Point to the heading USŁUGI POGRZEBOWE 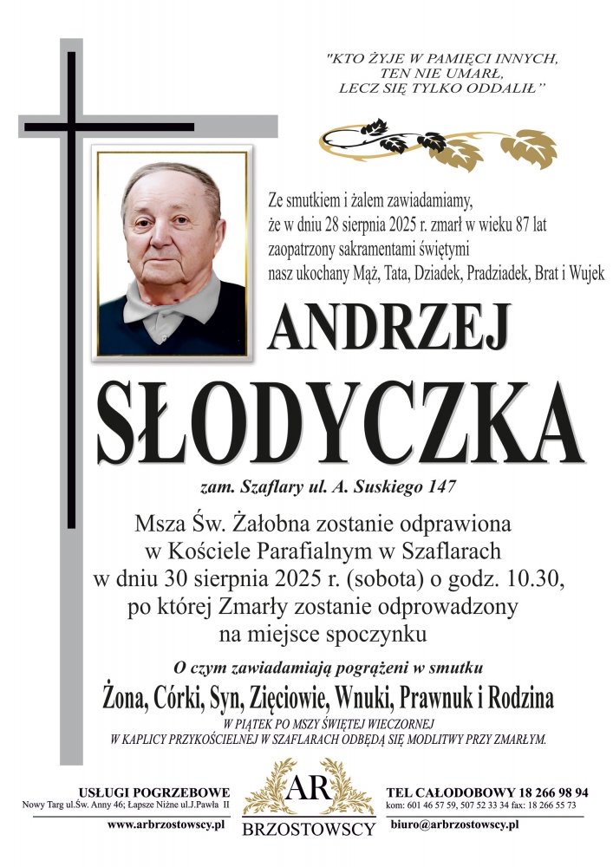[153, 792]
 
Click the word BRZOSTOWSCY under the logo [308, 830]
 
